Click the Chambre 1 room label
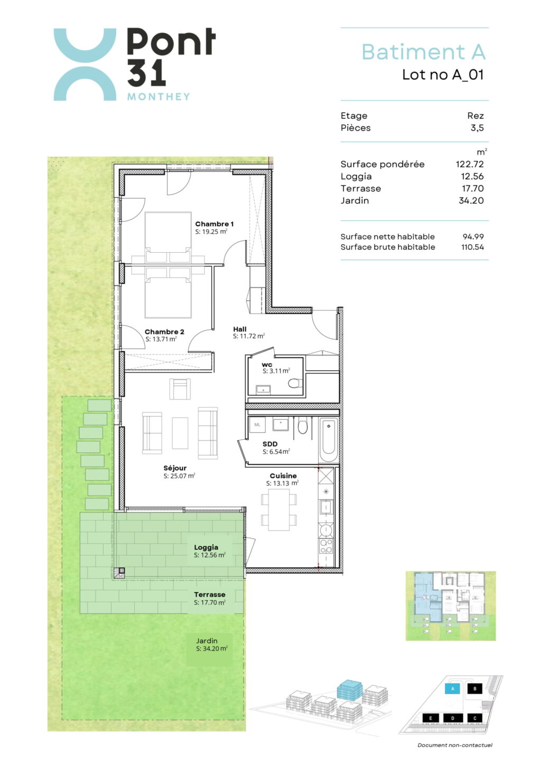(x=215, y=224)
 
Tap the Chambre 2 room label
(x=164, y=332)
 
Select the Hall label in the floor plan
(x=240, y=329)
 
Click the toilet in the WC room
(x=294, y=383)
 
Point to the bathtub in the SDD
(x=328, y=439)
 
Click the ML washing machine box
(x=257, y=424)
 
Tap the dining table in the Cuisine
(x=279, y=510)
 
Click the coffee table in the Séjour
(x=180, y=433)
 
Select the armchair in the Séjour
(x=180, y=389)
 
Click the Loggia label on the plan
(x=206, y=547)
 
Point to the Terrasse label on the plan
(x=210, y=594)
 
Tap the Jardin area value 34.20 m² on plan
(x=211, y=649)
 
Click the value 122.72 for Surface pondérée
(x=470, y=164)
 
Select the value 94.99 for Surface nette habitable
(x=473, y=236)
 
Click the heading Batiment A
(x=423, y=52)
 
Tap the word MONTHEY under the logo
(x=159, y=97)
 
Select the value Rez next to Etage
(x=476, y=116)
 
